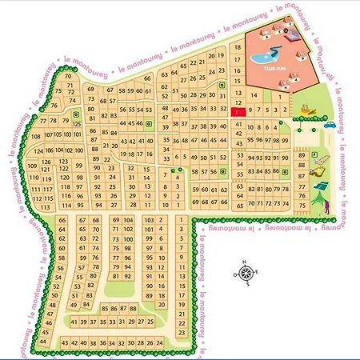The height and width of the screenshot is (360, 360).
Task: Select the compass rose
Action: tap(246, 272)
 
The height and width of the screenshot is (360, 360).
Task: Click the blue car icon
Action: tap(329, 124)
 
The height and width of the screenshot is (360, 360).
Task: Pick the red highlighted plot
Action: tap(238, 114)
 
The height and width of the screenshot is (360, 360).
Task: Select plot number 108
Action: tap(35, 137)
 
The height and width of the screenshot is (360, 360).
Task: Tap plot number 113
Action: tap(38, 205)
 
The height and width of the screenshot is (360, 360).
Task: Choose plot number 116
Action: tap(66, 195)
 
